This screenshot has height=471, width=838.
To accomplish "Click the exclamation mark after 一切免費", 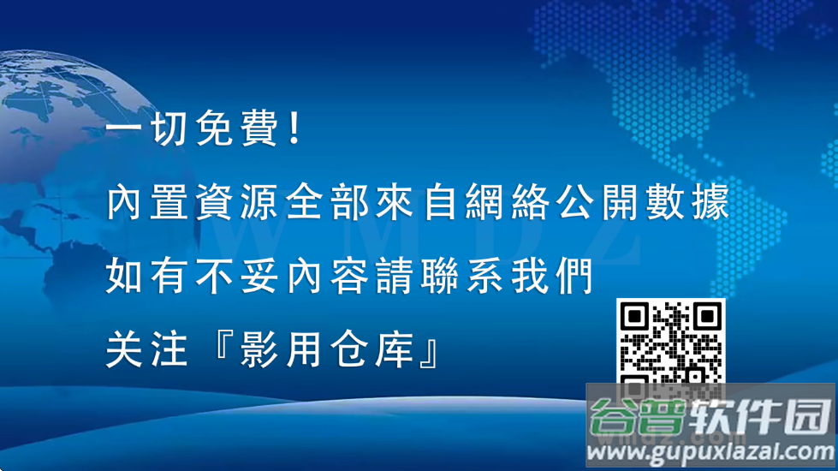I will [294, 132].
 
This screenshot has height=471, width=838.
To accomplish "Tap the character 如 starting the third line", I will [125, 277].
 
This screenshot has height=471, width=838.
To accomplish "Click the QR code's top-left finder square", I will [634, 318].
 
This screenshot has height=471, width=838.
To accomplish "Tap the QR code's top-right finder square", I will [708, 318].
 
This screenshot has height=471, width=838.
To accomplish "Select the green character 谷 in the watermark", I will [615, 419].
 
